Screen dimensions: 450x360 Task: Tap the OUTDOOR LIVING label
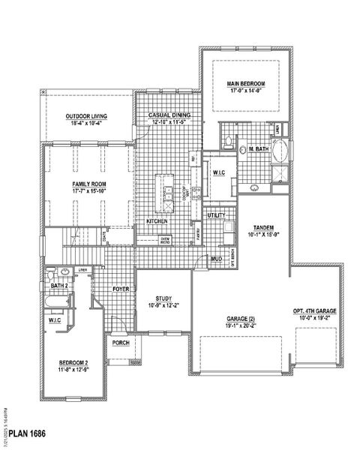tap(86, 116)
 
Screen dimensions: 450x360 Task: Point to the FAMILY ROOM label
tap(89, 184)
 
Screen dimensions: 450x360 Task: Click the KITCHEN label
tap(156, 222)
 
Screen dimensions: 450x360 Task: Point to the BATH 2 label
tap(60, 286)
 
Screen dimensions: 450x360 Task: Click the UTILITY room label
tap(216, 214)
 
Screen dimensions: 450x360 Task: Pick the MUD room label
tap(216, 259)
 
